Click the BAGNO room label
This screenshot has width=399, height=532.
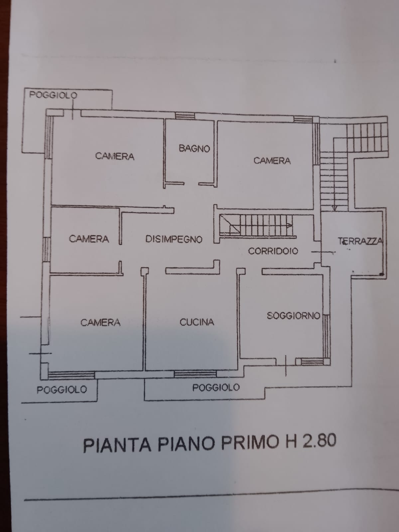click(194, 148)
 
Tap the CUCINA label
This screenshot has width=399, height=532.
click(197, 322)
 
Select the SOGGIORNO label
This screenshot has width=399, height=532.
click(294, 316)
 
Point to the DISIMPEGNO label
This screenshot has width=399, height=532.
click(174, 239)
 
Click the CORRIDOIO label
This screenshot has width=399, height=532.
click(273, 251)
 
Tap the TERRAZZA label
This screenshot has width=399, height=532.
click(360, 241)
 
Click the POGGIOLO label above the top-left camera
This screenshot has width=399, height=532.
click(53, 95)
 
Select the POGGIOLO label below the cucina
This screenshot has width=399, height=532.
click(216, 387)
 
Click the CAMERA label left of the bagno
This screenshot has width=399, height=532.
click(115, 156)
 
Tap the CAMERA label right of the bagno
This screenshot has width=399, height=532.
click(272, 161)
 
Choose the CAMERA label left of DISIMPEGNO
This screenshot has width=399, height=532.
click(89, 239)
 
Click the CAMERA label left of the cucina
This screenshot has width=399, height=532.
click(100, 322)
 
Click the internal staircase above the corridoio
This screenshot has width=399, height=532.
click(257, 225)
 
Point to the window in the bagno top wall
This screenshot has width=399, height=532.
click(185, 115)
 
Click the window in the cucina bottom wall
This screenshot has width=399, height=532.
click(195, 373)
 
